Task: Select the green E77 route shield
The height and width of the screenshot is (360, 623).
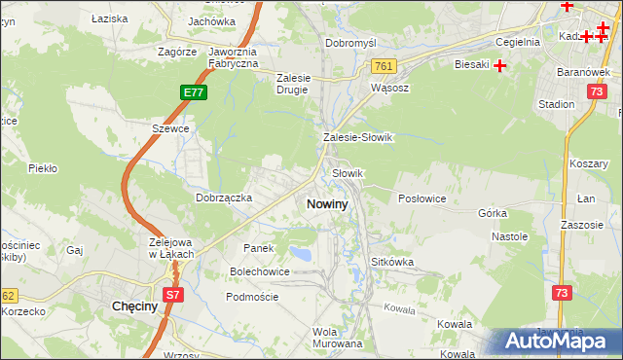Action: [193, 92]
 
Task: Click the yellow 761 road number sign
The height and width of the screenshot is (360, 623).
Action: [383, 66]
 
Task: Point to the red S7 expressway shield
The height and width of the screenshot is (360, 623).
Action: [172, 293]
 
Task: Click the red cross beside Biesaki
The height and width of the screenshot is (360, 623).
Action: [500, 66]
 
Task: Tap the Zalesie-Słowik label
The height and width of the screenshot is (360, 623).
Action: [357, 138]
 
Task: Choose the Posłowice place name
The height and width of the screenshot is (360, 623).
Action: [421, 198]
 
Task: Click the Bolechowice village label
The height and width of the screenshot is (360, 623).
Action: [259, 271]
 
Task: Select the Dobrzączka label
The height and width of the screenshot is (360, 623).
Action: [224, 198]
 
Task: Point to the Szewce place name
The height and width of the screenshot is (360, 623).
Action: [169, 128]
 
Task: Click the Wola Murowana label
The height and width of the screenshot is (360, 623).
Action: [338, 338]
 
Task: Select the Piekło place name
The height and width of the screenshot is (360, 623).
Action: [43, 168]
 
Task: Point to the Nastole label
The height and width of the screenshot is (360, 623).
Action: [509, 236]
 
